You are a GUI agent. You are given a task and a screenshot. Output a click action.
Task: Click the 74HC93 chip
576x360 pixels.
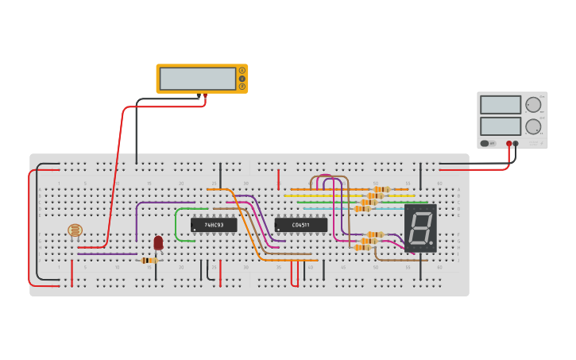214,225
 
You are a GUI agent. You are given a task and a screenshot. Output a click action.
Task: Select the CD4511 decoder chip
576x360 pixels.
301,225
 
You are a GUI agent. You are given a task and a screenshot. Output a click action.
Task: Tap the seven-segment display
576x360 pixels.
420,228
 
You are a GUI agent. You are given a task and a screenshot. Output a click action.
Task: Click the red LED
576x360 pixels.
158,242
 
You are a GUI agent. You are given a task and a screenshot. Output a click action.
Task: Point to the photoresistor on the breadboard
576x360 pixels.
75,230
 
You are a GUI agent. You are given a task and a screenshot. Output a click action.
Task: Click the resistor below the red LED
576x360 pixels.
149,260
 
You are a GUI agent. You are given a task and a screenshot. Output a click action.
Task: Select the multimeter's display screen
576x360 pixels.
197,79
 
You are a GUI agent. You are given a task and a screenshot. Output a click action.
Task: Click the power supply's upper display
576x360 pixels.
501,105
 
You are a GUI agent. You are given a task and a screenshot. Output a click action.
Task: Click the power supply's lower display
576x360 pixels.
501,126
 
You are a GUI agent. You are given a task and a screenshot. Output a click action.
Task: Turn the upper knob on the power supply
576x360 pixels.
533,105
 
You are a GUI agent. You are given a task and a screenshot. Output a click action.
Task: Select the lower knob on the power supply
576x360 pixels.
533,126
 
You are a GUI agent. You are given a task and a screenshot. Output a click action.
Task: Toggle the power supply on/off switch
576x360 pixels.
485,144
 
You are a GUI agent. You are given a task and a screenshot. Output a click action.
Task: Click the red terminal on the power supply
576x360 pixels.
509,144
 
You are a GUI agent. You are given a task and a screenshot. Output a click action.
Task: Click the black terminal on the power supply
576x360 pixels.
516,144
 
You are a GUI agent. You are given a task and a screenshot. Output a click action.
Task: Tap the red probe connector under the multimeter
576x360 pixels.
205,96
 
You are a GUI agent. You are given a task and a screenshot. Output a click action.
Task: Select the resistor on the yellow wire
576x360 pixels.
375,195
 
